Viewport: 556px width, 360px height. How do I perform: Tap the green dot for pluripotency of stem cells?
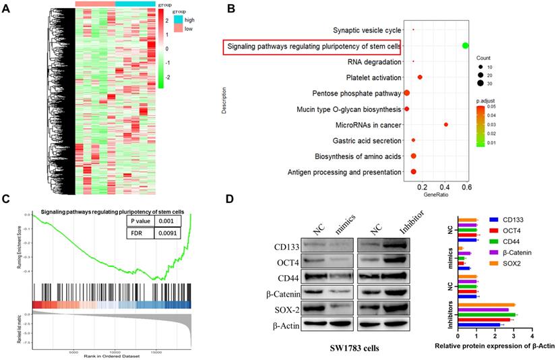coord(465,45)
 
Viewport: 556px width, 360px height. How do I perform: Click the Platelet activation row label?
coord(371,78)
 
